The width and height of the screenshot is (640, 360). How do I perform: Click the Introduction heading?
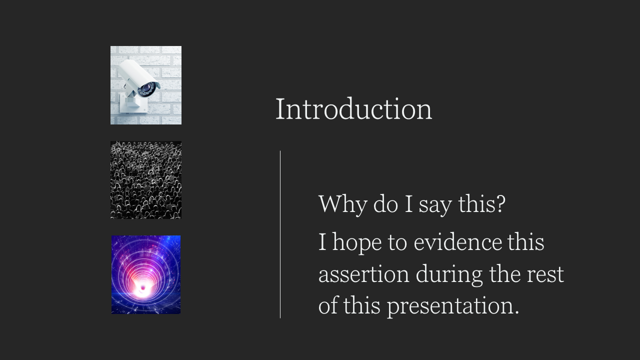353,109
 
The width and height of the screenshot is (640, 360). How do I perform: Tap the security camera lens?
146,88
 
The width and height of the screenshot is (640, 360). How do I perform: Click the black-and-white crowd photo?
146,180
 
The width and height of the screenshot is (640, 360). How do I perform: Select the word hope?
357,242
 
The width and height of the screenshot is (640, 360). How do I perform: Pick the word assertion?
363,274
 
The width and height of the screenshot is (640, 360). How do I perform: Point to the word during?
449,275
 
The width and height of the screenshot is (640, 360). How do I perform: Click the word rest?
545,275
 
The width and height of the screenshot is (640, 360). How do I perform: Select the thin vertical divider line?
280,234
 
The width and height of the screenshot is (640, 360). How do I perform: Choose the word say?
435,205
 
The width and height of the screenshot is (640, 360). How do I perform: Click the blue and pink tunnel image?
146,274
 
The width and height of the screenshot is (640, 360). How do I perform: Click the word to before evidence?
397,243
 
